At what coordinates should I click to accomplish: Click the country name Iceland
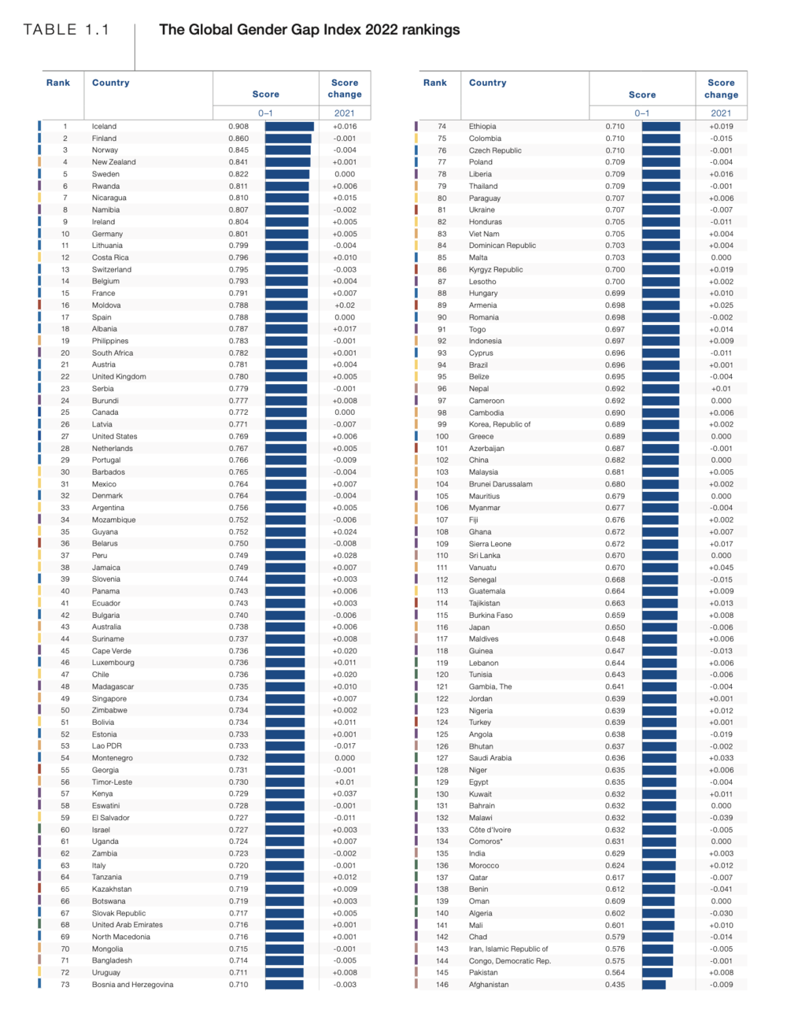pyautogui.click(x=104, y=126)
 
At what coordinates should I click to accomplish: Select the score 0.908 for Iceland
pyautogui.click(x=238, y=126)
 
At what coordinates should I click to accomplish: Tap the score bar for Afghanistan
pyautogui.click(x=653, y=985)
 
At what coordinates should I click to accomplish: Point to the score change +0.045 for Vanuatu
pyautogui.click(x=721, y=568)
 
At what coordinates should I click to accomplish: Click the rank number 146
pyautogui.click(x=442, y=985)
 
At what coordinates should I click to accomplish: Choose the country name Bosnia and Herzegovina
pyautogui.click(x=132, y=985)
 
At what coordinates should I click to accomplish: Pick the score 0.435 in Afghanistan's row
pyautogui.click(x=615, y=985)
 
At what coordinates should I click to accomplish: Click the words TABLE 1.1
pyautogui.click(x=66, y=30)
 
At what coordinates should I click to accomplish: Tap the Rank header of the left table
pyautogui.click(x=58, y=83)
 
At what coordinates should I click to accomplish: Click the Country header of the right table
pyautogui.click(x=488, y=83)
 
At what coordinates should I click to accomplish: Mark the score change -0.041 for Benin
pyautogui.click(x=721, y=889)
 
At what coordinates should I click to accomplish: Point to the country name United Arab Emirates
pyautogui.click(x=127, y=925)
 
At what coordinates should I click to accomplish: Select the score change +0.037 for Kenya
pyautogui.click(x=345, y=793)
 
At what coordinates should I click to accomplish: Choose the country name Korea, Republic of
pyautogui.click(x=500, y=424)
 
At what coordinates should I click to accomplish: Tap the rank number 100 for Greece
pyautogui.click(x=442, y=436)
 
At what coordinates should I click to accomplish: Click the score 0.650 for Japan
pyautogui.click(x=615, y=627)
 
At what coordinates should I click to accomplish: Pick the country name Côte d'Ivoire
pyautogui.click(x=490, y=830)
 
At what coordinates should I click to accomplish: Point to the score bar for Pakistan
pyautogui.click(x=657, y=973)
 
